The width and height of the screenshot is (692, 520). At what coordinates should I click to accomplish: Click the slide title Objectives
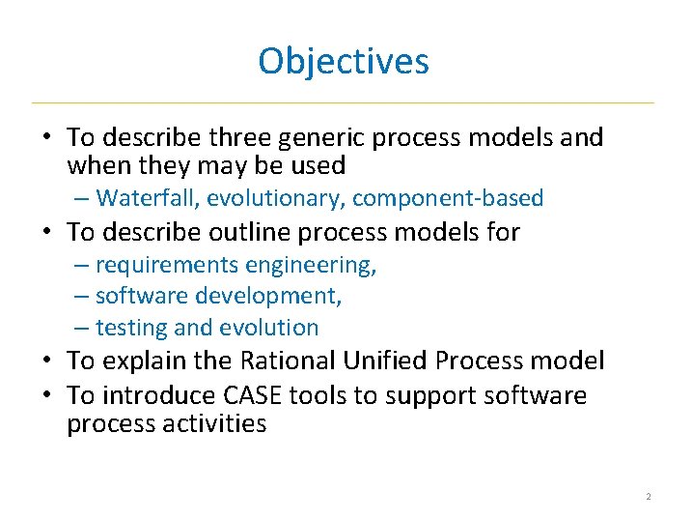click(344, 62)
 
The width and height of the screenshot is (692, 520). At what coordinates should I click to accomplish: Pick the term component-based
click(448, 199)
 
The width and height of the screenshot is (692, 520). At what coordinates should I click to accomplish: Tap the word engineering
click(311, 266)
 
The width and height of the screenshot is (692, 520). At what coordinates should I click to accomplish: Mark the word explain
click(137, 361)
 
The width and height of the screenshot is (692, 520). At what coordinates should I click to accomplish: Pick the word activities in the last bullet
click(217, 424)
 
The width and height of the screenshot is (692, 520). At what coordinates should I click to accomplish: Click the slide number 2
click(649, 497)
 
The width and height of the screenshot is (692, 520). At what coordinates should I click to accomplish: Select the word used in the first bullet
click(317, 166)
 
